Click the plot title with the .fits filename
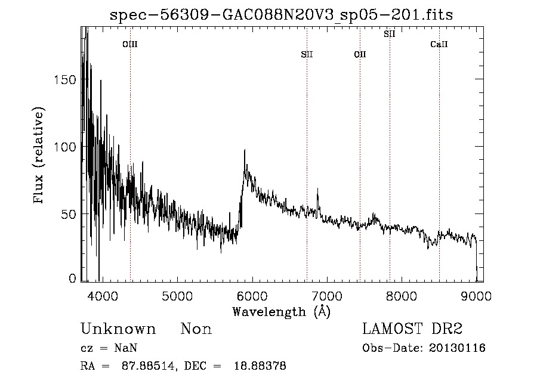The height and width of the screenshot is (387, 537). [282, 16]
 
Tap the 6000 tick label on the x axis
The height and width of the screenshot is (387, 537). [251, 296]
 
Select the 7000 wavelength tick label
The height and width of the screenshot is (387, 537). [326, 296]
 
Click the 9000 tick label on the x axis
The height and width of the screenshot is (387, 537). [476, 296]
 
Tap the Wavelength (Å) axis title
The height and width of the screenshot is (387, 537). [281, 311]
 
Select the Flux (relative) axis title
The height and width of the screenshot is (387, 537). [40, 156]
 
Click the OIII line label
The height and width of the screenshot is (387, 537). [130, 44]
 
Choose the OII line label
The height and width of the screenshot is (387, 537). [360, 55]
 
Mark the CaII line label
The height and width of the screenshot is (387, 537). [439, 44]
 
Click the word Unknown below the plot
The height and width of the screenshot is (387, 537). [118, 329]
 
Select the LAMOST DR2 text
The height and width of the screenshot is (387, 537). [412, 329]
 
